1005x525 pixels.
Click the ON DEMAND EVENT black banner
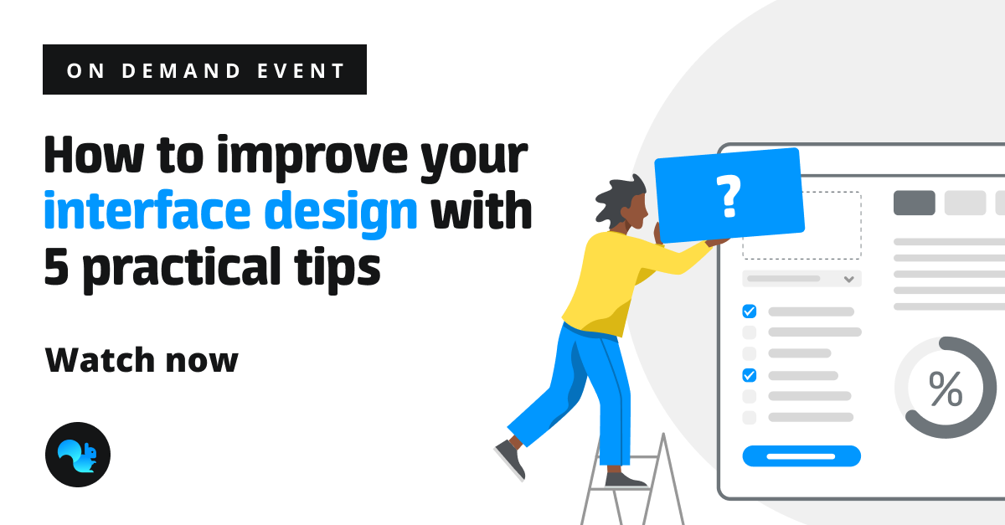pyautogui.click(x=204, y=70)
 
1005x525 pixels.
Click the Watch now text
pyautogui.click(x=142, y=360)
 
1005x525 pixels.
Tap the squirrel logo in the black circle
pyautogui.click(x=77, y=455)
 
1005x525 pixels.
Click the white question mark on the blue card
pyautogui.click(x=729, y=195)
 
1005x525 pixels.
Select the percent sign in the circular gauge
pyautogui.click(x=946, y=389)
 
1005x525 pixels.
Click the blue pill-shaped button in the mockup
pyautogui.click(x=801, y=456)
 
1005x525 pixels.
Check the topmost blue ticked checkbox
pyautogui.click(x=750, y=311)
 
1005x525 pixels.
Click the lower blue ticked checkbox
pyautogui.click(x=750, y=375)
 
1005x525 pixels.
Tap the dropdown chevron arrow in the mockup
pyautogui.click(x=848, y=279)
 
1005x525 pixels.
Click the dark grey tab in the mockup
pyautogui.click(x=914, y=203)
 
